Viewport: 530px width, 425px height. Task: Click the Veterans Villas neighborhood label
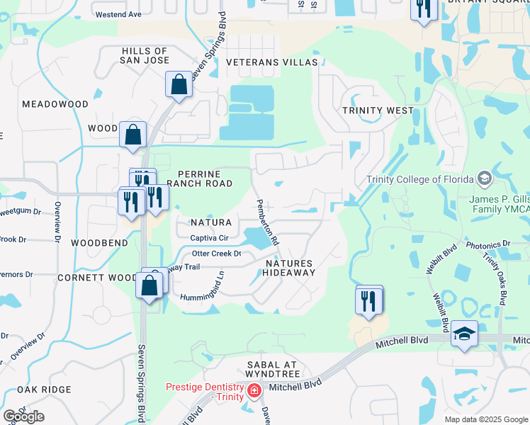pyautogui.click(x=272, y=62)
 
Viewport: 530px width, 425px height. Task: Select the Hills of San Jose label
pyautogui.click(x=145, y=56)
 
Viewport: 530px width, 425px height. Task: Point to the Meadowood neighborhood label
pyautogui.click(x=55, y=104)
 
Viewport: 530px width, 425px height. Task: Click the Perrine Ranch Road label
pyautogui.click(x=205, y=178)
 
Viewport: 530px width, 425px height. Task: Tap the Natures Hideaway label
pyautogui.click(x=289, y=268)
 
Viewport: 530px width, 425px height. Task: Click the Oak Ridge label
pyautogui.click(x=45, y=390)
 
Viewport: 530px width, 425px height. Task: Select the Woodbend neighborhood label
pyautogui.click(x=100, y=243)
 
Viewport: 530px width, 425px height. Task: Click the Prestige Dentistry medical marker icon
pyautogui.click(x=254, y=390)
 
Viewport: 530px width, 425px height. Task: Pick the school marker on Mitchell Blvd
pyautogui.click(x=464, y=334)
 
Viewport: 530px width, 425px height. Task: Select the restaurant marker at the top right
pyautogui.click(x=423, y=8)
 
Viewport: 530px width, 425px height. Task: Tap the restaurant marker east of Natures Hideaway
pyautogui.click(x=369, y=300)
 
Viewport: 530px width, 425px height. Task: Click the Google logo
pyautogui.click(x=23, y=417)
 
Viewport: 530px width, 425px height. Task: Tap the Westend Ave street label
pyautogui.click(x=118, y=14)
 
